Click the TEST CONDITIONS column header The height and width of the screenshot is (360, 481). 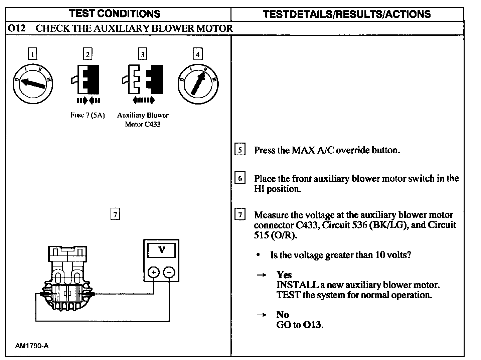tap(115, 14)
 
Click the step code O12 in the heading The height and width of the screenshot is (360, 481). tap(16, 28)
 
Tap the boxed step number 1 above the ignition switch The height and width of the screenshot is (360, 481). tap(32, 54)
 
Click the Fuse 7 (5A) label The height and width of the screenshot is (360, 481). tap(88, 116)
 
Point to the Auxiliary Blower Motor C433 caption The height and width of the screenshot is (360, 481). tap(143, 120)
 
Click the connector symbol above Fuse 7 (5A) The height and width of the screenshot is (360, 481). tap(86, 79)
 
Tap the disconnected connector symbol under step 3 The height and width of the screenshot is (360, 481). tap(142, 79)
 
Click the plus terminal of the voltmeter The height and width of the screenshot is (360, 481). tap(153, 273)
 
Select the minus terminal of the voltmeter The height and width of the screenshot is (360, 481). tap(169, 273)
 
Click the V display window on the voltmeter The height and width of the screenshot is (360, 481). tap(161, 249)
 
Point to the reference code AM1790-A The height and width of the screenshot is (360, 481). tap(32, 346)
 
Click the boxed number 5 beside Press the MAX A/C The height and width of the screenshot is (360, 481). tap(240, 150)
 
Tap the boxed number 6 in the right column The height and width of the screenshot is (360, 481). tap(240, 178)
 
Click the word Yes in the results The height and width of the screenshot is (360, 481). tap(284, 275)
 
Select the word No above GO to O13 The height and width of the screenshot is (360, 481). tap(283, 315)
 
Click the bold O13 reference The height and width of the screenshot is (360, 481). tap(313, 325)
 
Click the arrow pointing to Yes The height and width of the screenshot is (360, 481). tap(262, 275)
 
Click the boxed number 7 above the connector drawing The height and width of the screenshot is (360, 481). tap(115, 214)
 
